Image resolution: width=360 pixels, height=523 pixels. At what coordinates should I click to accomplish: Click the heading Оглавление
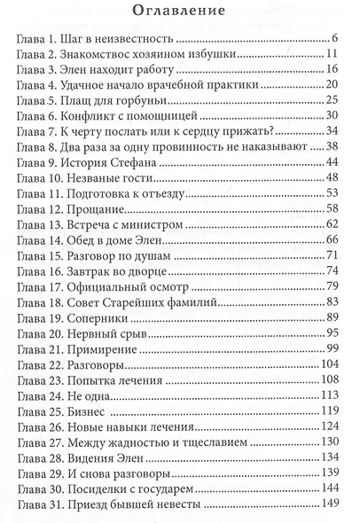(180, 12)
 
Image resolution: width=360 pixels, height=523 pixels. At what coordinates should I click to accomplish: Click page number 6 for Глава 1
(337, 40)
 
